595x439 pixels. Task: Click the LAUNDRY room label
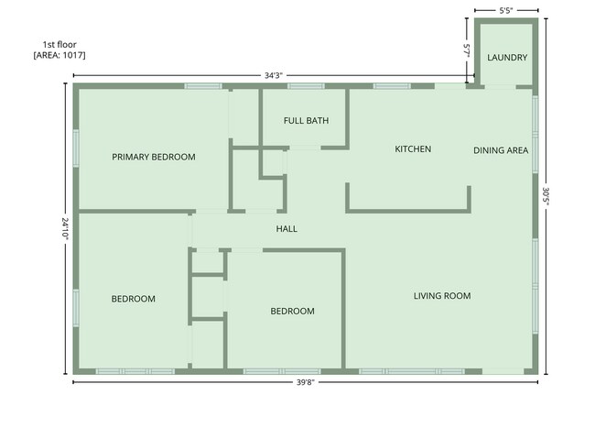click(507, 58)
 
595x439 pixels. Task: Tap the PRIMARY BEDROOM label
click(154, 157)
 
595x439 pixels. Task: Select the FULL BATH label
click(306, 120)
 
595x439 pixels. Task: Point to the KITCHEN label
click(413, 148)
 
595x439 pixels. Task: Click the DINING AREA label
click(501, 150)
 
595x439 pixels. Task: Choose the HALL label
click(287, 228)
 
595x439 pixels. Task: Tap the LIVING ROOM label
click(442, 295)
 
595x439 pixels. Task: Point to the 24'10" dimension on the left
click(65, 228)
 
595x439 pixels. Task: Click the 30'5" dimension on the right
click(546, 196)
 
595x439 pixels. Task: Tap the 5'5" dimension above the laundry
click(505, 10)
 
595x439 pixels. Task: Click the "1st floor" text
click(59, 44)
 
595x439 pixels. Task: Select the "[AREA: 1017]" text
click(59, 55)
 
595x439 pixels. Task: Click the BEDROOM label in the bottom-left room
click(134, 298)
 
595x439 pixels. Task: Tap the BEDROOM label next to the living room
click(292, 311)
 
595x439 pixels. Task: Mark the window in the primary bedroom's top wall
click(202, 86)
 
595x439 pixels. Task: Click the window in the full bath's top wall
click(300, 86)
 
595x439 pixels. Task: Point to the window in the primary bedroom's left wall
click(76, 148)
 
